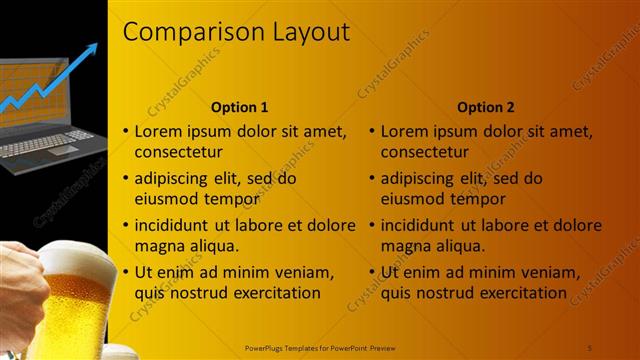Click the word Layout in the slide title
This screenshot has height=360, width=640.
pyautogui.click(x=312, y=32)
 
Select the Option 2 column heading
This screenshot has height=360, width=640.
pyautogui.click(x=485, y=107)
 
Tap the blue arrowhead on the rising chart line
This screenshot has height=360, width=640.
pyautogui.click(x=93, y=50)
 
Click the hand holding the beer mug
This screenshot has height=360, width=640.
pyautogui.click(x=20, y=290)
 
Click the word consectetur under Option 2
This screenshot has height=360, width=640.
pyautogui.click(x=425, y=153)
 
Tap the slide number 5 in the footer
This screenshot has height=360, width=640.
pyautogui.click(x=590, y=347)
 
